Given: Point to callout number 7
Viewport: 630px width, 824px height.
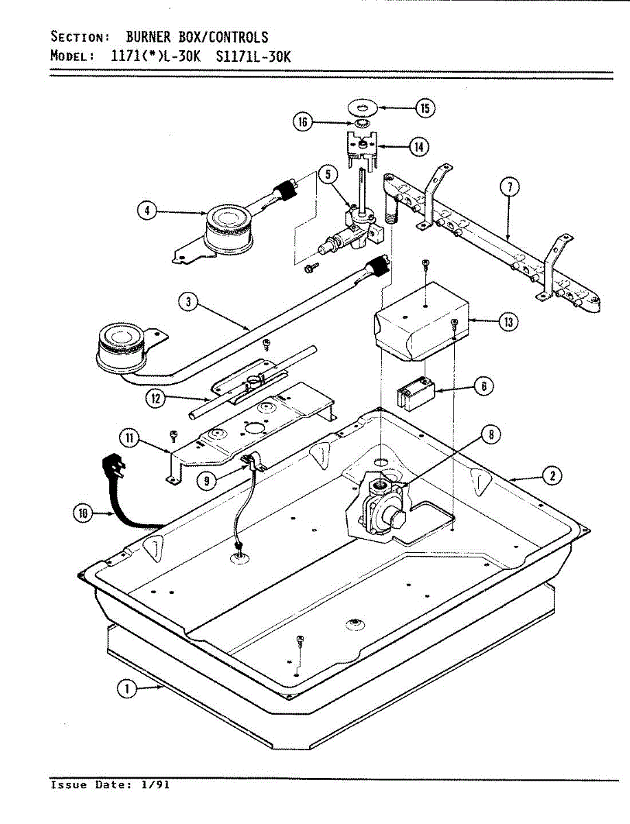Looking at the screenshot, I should [509, 186].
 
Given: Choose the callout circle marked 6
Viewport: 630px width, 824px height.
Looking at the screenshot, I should [484, 387].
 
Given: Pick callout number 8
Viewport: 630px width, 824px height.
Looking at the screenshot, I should [490, 433].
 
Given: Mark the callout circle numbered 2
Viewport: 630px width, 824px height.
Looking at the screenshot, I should [552, 474].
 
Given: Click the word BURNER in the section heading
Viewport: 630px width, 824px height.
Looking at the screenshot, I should [148, 37].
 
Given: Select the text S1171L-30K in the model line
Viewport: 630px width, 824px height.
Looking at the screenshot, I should [254, 57].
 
